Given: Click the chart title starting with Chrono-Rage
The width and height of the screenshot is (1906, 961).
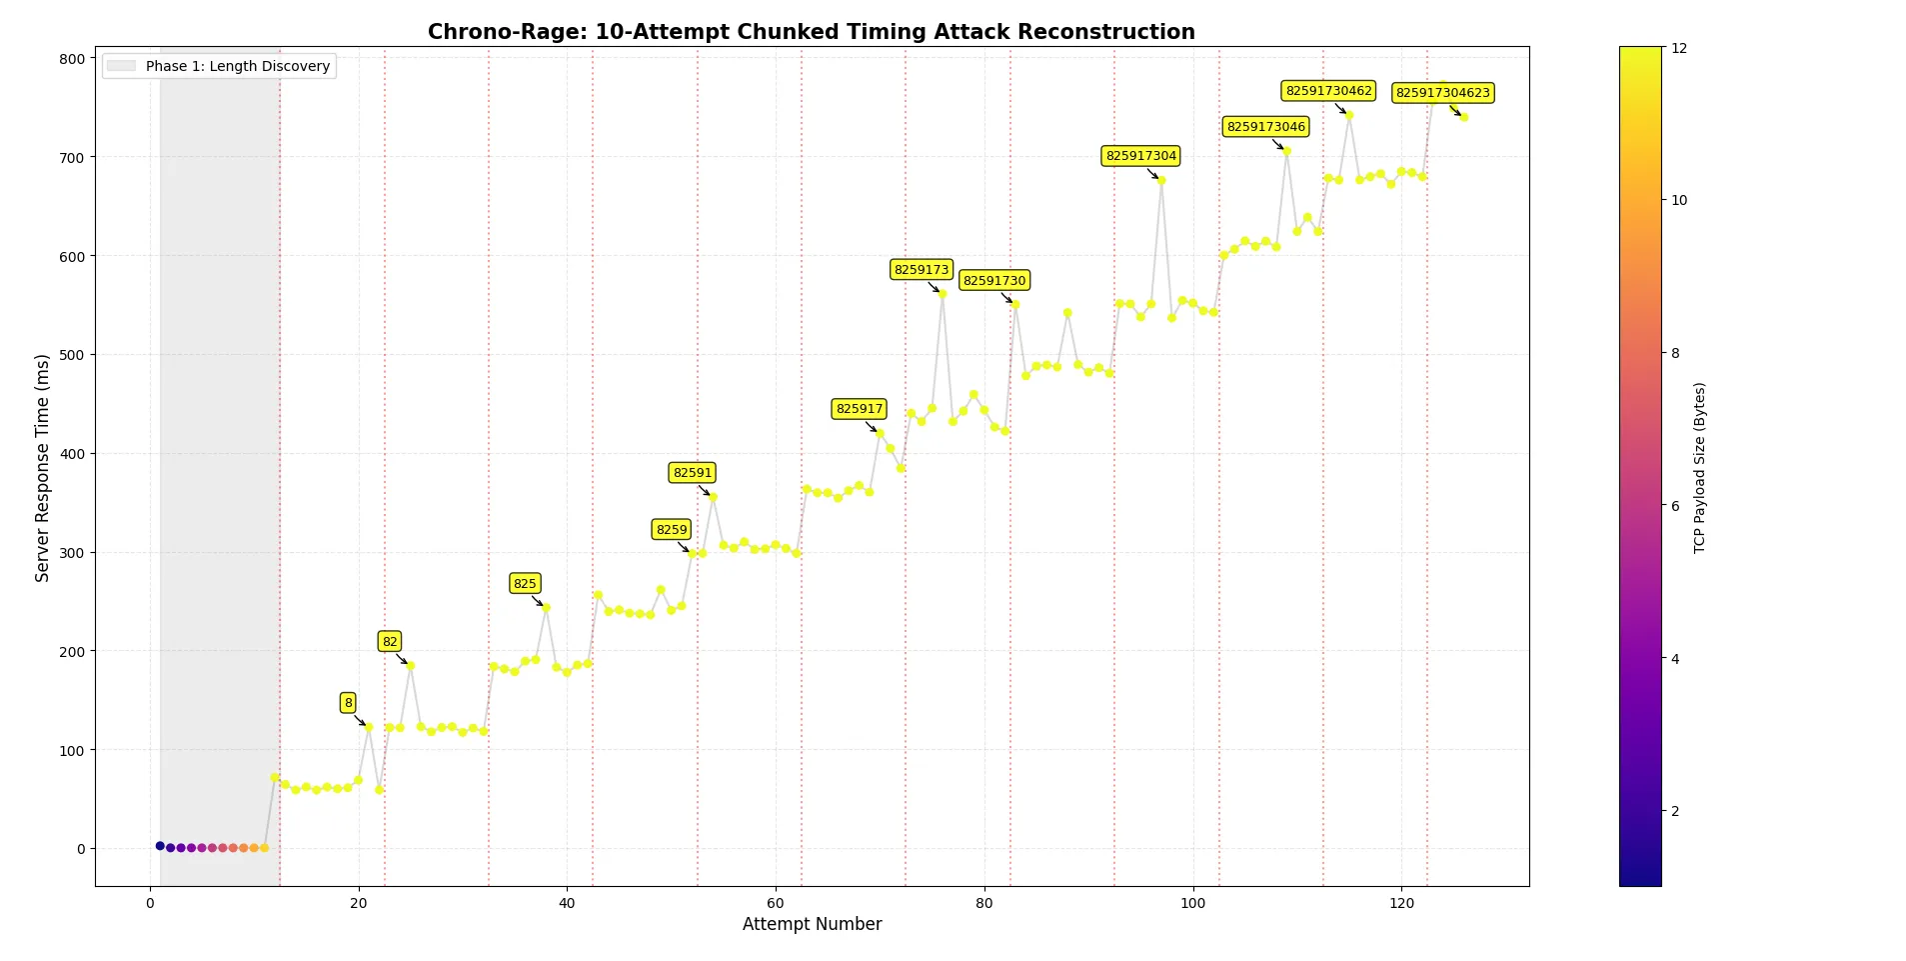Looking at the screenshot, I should pos(811,32).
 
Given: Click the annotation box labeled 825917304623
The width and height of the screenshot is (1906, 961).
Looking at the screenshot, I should pos(1442,93).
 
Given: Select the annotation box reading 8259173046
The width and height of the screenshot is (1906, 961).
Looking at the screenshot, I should pos(1265,127).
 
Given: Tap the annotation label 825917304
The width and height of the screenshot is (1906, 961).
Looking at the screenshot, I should pos(1140,156).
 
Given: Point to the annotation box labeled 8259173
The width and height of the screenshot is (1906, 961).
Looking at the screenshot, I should pos(921,270).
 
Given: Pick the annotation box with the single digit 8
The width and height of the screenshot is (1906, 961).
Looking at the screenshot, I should pos(348,703).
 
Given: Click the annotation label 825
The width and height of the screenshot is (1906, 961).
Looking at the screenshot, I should pos(525,584).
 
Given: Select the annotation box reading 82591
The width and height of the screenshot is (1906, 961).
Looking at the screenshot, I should pos(692,473).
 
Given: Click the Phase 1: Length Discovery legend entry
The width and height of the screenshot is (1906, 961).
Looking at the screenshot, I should pos(219,66).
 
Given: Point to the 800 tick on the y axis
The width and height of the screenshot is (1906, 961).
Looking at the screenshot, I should pos(72,59).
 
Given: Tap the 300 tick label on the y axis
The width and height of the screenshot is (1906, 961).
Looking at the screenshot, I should pos(72,553).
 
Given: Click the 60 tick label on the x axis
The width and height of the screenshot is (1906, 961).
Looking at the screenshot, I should pos(776,903).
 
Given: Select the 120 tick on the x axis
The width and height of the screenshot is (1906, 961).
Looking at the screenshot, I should pos(1401,903).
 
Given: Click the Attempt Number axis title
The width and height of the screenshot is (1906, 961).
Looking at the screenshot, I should pos(812,924).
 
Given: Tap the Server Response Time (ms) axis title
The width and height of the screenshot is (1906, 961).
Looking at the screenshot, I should pos(42,467).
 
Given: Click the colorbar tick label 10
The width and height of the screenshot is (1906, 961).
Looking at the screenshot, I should pos(1679,200).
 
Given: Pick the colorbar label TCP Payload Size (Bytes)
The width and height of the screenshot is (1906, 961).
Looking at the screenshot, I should pos(1699,467).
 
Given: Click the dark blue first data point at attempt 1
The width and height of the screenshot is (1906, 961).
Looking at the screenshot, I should pos(160,846).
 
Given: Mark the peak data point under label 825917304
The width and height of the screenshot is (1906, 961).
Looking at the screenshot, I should pos(1161,181).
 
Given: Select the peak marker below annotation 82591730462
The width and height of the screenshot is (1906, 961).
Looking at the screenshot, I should pos(1349,115).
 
